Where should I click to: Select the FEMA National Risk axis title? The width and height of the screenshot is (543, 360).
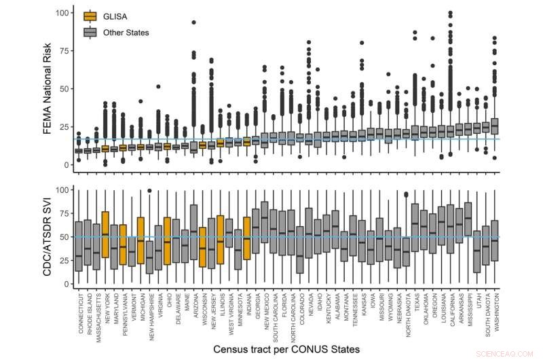(48, 88)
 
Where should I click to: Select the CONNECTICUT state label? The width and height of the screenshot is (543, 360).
(79, 312)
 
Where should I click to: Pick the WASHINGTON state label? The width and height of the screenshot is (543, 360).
(495, 312)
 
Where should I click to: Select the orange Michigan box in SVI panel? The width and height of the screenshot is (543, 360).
(141, 240)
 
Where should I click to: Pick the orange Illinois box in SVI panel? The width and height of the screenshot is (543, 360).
(220, 240)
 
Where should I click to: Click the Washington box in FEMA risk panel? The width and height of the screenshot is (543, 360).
(494, 126)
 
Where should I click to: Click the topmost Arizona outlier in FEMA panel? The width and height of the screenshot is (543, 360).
(193, 22)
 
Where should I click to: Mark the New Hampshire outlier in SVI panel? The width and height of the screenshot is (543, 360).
(149, 191)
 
